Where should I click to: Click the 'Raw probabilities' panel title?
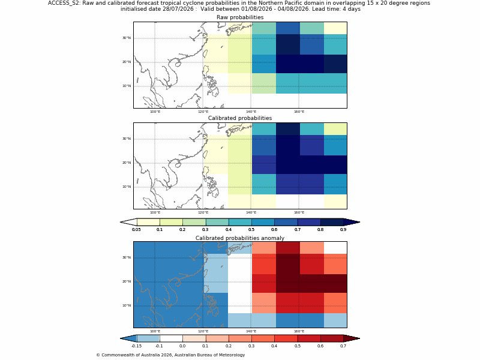pos(240,17)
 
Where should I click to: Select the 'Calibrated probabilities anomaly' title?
pos(240,238)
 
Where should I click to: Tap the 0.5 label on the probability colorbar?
pos(251,230)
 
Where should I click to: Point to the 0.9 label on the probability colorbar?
pos(343,230)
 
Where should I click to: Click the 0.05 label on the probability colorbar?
pos(137,230)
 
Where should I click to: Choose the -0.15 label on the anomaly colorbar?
pos(137,346)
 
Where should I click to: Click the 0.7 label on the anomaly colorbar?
pos(343,346)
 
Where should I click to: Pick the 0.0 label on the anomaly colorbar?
pos(182,346)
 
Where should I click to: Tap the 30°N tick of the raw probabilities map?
pos(127,38)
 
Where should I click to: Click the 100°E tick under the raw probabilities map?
pos(155,112)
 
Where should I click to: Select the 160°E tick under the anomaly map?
pos(299,331)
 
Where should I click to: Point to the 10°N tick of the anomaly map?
pos(127,305)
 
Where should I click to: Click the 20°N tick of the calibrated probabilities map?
pos(127,163)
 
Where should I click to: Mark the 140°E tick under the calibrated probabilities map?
pos(251,212)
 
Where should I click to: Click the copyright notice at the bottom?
pos(170,355)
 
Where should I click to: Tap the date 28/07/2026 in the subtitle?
pos(178,9)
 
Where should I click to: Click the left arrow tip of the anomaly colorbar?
pos(121,338)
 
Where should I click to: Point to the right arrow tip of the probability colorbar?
pos(359,222)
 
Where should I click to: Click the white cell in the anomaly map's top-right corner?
pos(335,248)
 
